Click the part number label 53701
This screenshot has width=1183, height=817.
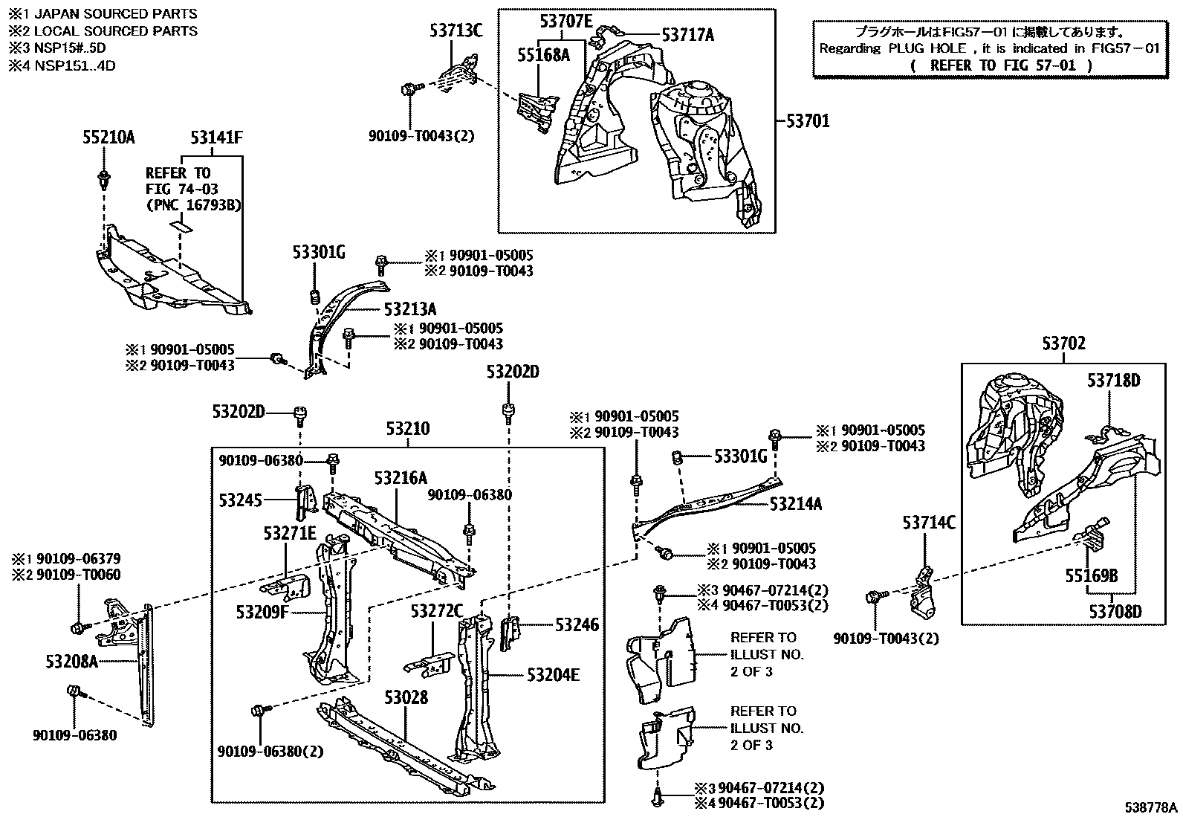808,120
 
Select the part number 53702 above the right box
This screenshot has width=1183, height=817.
1063,343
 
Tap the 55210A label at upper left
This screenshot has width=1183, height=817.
108,137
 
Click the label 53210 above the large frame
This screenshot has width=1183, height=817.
407,429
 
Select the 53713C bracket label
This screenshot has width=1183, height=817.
456,30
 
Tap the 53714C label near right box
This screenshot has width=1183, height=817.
929,522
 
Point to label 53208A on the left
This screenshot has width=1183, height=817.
71,661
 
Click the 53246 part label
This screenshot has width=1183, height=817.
577,625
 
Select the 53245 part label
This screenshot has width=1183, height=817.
241,500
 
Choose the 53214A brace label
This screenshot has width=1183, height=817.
796,503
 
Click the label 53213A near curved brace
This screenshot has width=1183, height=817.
410,309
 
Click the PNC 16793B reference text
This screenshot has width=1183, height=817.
194,204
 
